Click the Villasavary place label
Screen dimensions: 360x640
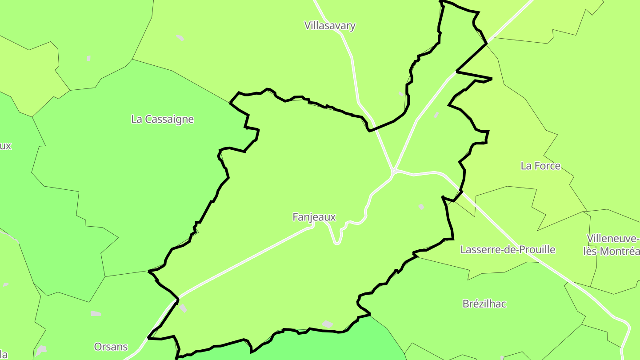tap(330, 26)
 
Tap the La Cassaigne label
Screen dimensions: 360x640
tap(162, 119)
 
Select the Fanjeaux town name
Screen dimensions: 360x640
tap(314, 217)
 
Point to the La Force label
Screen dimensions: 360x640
tap(540, 166)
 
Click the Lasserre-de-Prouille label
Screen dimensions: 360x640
tap(508, 250)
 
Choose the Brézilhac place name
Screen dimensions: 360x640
tap(484, 304)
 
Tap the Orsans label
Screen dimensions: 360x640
tap(111, 347)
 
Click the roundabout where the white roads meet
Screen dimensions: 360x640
tap(394, 171)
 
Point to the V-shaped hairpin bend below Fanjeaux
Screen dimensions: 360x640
tap(337, 242)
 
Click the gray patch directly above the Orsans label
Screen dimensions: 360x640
tap(96, 314)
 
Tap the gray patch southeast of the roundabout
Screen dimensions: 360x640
tap(421, 207)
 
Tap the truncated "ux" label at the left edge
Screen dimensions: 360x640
tap(5, 146)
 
